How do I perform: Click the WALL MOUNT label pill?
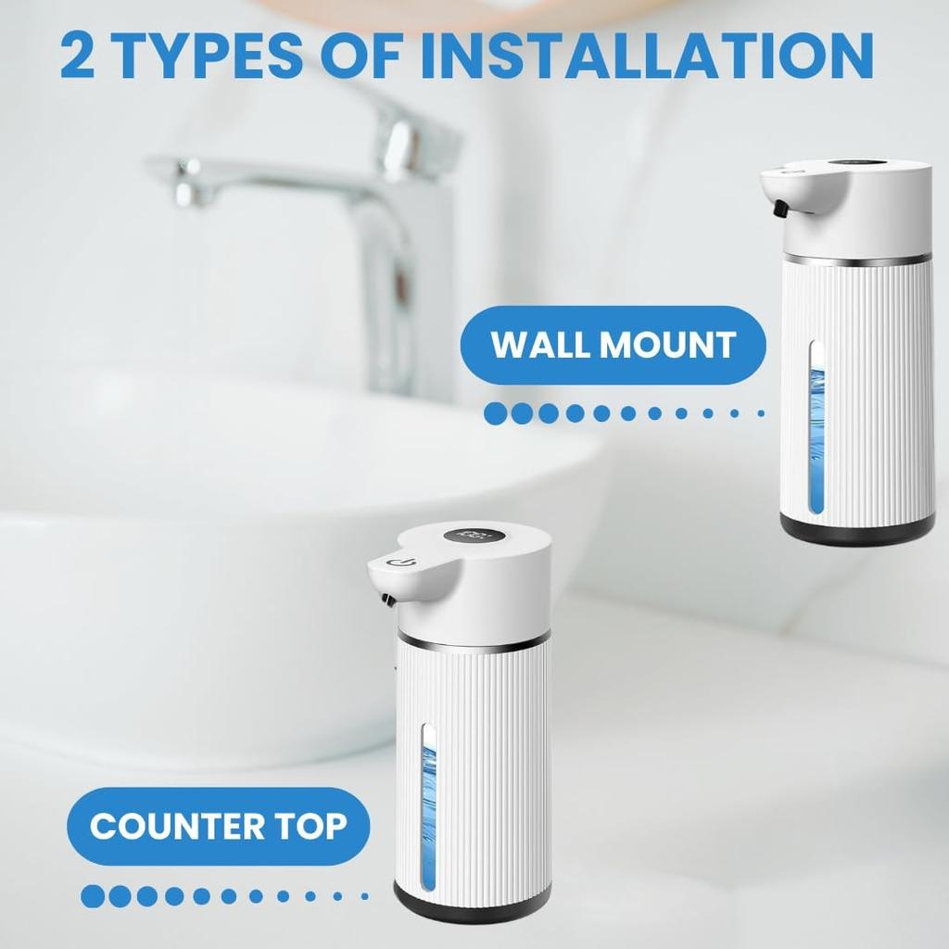point(613,345)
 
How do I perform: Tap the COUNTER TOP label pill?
point(218,826)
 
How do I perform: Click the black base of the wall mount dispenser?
point(856,530)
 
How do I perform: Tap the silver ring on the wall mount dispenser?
point(856,259)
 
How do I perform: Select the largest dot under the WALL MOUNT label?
point(497,413)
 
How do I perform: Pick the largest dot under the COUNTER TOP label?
point(93,896)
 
